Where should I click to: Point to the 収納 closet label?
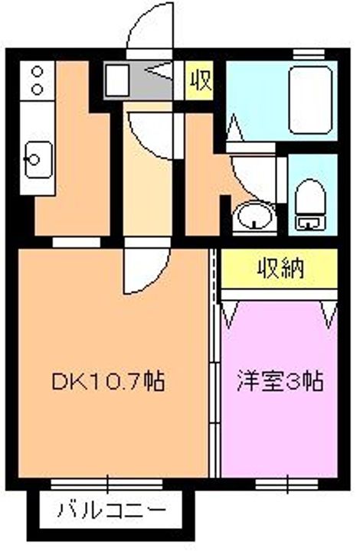coord(280,269)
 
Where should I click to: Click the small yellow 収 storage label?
coord(201,81)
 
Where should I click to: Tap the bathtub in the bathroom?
coord(310,100)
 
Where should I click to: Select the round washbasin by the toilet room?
coord(254,215)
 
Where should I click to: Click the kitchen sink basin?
coord(38,159)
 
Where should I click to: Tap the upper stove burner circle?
coord(37,72)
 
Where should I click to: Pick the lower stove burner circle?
coord(37,89)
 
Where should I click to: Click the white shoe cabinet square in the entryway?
coord(117,81)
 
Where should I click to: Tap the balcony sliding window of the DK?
coord(107,484)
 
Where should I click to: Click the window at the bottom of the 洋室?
coord(287,484)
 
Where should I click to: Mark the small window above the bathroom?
coord(309,54)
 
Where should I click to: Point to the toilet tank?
coord(309,223)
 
